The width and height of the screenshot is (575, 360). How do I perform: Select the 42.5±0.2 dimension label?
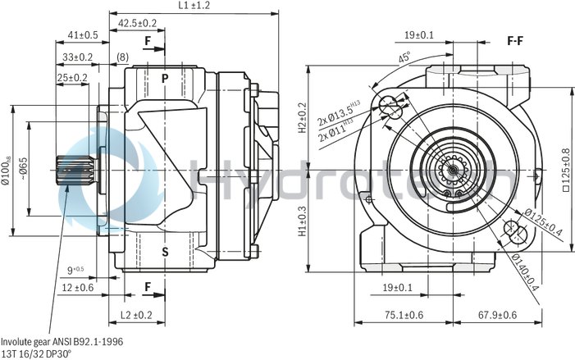pos(137,22)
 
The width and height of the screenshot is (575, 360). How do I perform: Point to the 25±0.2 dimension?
pos(72,77)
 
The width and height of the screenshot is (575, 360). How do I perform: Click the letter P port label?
pos(165,79)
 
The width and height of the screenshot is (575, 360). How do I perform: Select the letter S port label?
pos(165,252)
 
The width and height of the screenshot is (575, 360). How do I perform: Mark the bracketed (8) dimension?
pos(122,57)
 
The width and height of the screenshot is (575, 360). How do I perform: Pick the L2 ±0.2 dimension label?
pos(136,315)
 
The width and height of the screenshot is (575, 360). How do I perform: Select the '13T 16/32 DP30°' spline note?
pos(36,353)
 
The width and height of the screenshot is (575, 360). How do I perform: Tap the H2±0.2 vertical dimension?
pos(301,118)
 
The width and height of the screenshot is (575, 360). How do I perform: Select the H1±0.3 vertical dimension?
pos(301,220)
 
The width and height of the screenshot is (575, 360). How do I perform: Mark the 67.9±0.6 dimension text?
pos(500,315)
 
